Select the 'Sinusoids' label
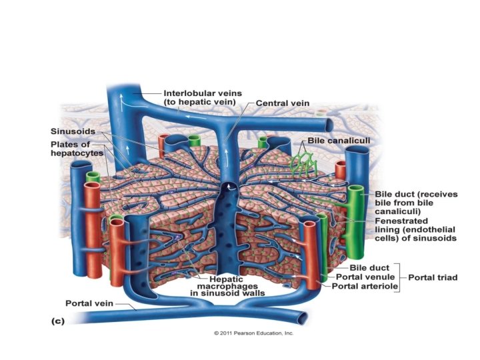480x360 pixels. (x=71, y=131)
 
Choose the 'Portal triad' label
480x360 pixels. (x=433, y=277)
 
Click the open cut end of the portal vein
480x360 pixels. (x=303, y=319)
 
